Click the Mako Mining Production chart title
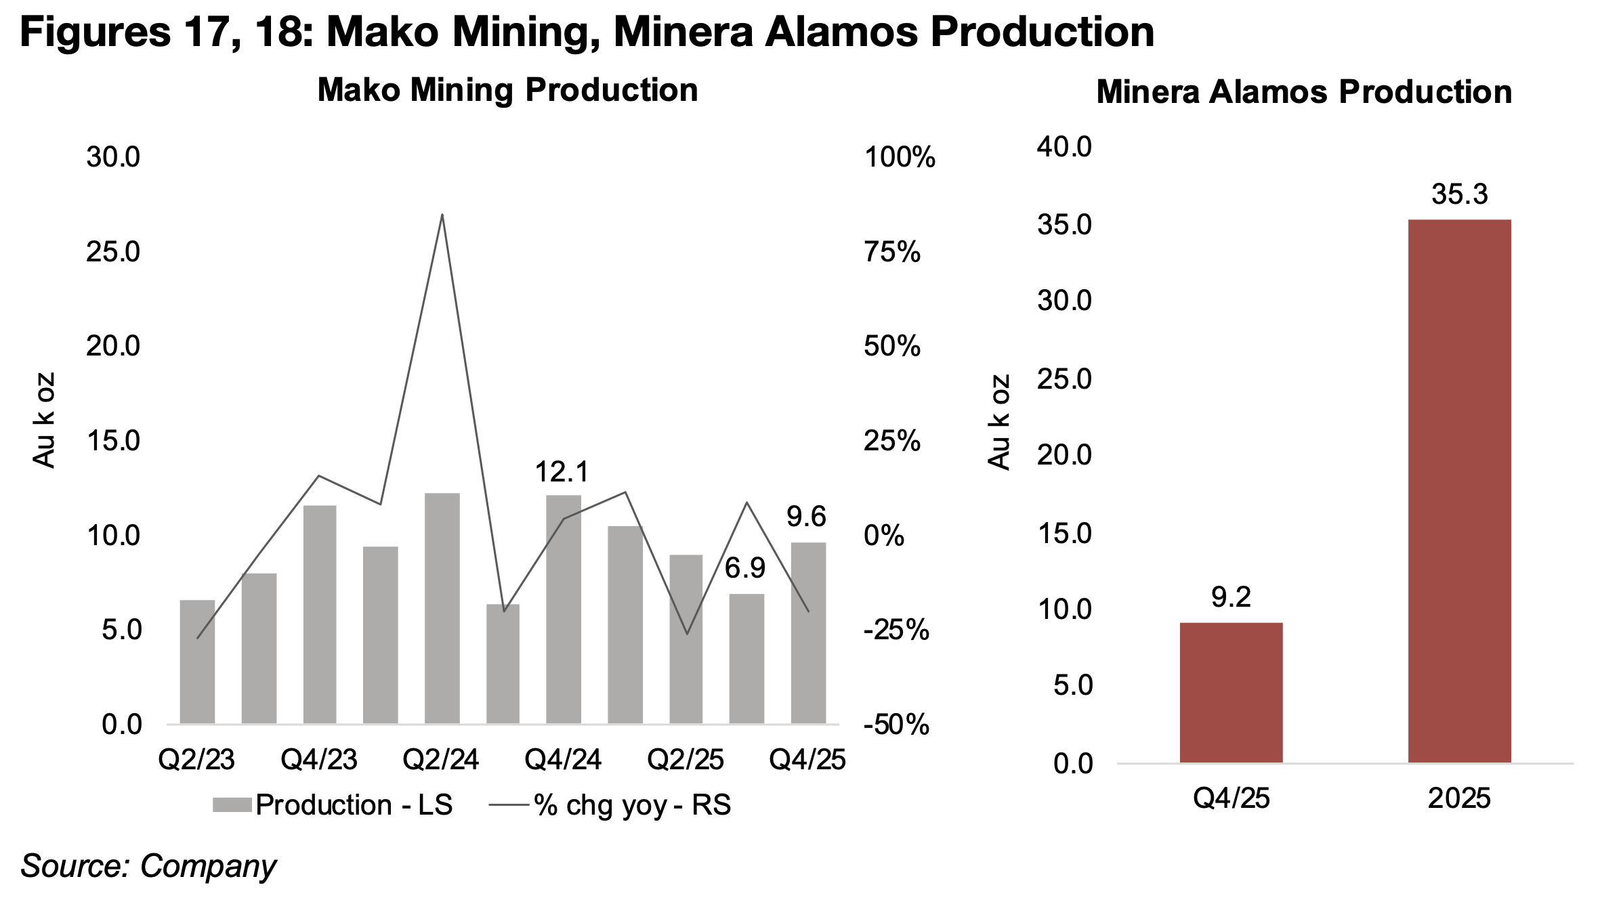coord(507,90)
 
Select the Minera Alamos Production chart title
coord(1303,92)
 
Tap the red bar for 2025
coord(1459,490)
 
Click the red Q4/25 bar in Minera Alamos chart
coord(1231,692)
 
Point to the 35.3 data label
coord(1459,194)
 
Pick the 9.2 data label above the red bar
coord(1231,597)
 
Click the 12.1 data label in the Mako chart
coord(562,472)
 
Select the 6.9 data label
coord(745,569)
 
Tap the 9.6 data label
coord(806,517)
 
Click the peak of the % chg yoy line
coord(442,215)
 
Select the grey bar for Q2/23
coord(197,661)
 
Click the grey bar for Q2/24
coord(442,608)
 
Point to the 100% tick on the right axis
coord(899,158)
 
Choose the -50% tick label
coord(896,725)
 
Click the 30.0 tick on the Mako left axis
coord(112,157)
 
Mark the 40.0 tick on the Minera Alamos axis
coord(1064,147)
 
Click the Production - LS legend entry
coord(332,805)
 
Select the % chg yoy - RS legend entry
coord(610,805)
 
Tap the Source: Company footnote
coord(148,866)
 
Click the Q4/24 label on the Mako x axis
coord(562,760)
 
